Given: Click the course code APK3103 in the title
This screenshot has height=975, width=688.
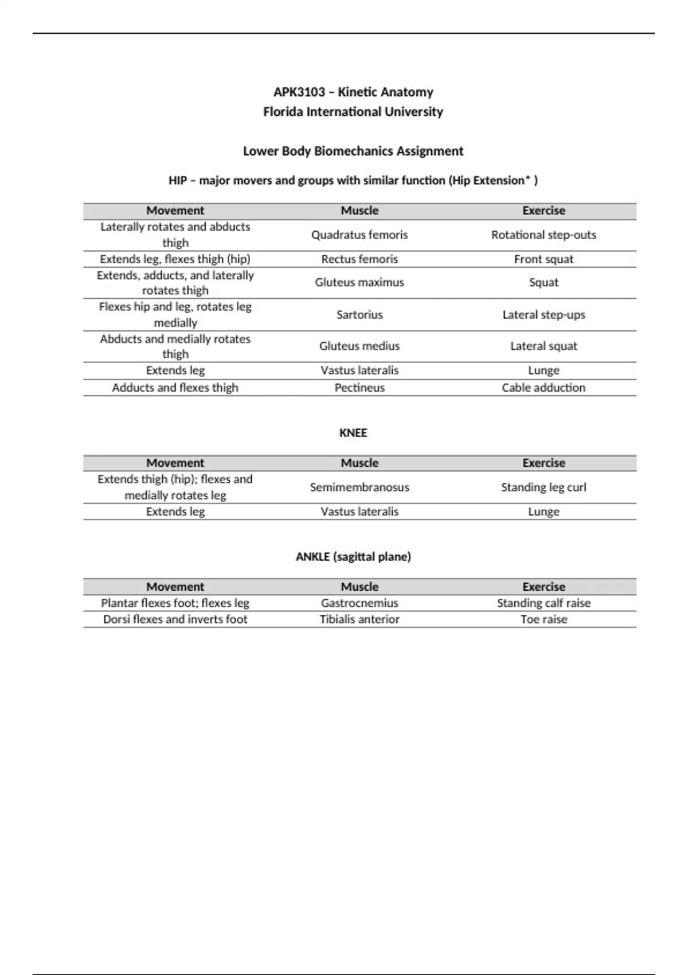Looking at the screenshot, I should (x=299, y=92).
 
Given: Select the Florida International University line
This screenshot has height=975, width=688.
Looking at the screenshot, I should (x=353, y=112).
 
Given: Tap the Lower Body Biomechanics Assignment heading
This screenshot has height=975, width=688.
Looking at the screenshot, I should (x=353, y=151).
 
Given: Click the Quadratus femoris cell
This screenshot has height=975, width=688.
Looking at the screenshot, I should (x=359, y=235).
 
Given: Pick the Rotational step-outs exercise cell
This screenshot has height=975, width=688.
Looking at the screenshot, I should (x=544, y=235).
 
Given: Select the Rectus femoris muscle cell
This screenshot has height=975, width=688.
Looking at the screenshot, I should (x=359, y=259).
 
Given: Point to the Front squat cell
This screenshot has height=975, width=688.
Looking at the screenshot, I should (x=544, y=259).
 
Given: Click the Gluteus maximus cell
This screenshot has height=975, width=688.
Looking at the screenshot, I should (x=359, y=283).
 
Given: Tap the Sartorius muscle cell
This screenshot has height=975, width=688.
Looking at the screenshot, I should (x=359, y=315).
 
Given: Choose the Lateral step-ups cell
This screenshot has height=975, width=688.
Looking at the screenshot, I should (x=544, y=315).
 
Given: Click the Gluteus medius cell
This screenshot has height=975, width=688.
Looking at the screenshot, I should (x=359, y=346).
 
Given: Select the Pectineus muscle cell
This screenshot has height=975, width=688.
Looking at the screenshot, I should (x=359, y=388).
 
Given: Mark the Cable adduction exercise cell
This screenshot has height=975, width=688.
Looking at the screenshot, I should (x=544, y=388).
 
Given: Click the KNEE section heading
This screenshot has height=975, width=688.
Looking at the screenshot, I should (x=353, y=433).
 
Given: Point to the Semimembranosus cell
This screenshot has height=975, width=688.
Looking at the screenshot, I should (x=359, y=487).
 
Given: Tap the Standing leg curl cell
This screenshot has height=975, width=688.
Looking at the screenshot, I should (x=544, y=487).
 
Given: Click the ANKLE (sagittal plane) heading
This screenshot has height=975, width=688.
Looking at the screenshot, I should (x=353, y=557).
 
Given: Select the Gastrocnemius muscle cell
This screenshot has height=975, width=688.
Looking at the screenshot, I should (x=359, y=603).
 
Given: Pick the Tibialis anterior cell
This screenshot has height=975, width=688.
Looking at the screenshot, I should (x=359, y=619).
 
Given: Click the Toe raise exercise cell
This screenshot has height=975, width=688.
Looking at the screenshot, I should (x=544, y=619).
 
